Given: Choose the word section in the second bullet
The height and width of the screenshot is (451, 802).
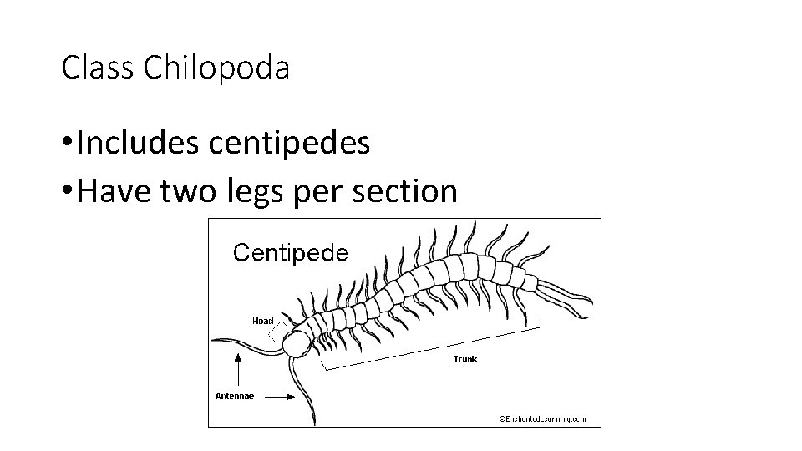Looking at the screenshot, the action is [410, 191].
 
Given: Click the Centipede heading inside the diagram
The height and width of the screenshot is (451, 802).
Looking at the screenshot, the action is [290, 252].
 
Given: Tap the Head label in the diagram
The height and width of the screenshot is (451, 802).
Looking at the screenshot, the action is [263, 321].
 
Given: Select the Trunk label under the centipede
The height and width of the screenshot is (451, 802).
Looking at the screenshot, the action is [465, 359].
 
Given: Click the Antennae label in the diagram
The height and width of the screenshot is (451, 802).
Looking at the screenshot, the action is [235, 396].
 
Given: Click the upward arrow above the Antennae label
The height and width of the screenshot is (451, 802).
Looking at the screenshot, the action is [240, 367].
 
